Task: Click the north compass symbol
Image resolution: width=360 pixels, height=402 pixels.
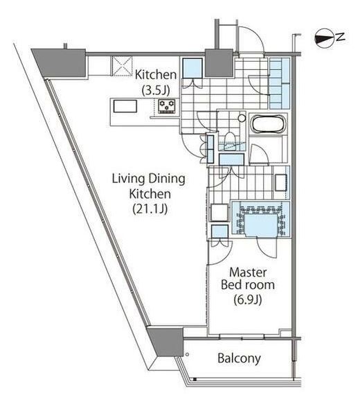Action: (x=324, y=38)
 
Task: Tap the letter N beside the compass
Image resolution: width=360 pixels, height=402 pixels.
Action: (x=341, y=37)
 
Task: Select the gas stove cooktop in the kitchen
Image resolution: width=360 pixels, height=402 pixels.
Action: (x=167, y=106)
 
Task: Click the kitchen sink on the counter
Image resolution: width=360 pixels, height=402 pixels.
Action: (x=125, y=106)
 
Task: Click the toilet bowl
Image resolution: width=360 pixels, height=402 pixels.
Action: (x=229, y=140)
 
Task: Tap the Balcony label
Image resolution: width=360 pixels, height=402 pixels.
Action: (x=239, y=358)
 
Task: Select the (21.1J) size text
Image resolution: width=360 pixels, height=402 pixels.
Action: (x=150, y=209)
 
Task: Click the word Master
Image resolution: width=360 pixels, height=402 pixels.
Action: (x=248, y=272)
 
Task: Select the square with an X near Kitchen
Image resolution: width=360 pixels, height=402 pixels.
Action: (x=122, y=66)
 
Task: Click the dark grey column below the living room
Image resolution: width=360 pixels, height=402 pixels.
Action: (x=165, y=341)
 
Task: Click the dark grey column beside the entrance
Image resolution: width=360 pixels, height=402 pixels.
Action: (x=219, y=63)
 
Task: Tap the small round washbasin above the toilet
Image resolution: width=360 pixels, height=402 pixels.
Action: (x=241, y=119)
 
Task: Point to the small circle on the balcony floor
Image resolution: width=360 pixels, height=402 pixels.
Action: (x=187, y=355)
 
